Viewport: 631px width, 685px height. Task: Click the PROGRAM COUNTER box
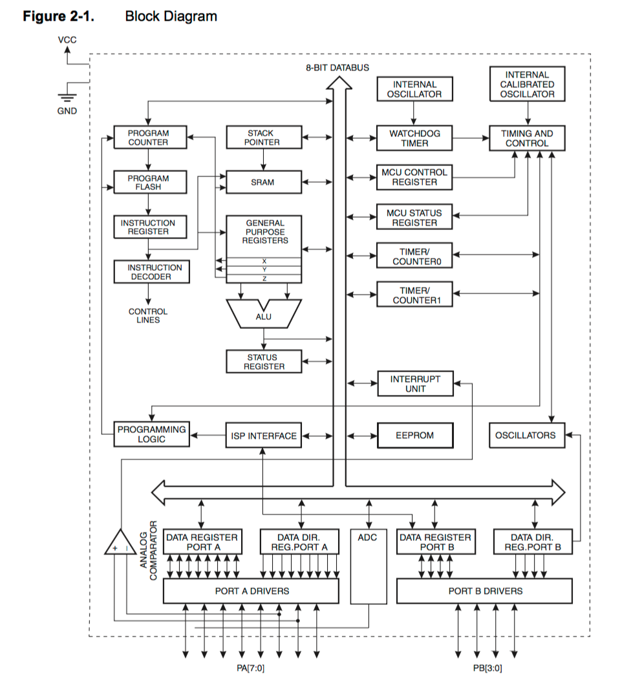[148, 138]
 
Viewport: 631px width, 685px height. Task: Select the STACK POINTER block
[262, 138]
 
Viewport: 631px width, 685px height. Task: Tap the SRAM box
[262, 182]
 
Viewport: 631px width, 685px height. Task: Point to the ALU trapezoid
[264, 315]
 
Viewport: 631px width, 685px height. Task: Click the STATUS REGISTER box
[264, 362]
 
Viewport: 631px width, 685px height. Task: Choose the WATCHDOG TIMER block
[414, 138]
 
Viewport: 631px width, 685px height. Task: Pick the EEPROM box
[414, 436]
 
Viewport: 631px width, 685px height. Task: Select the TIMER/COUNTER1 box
[414, 295]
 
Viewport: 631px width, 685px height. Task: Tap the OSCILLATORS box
[526, 435]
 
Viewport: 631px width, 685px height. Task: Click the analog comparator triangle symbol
[120, 543]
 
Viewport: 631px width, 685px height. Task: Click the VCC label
[67, 40]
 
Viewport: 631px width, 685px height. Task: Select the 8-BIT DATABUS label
[337, 68]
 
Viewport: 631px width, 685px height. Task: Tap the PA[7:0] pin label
[251, 668]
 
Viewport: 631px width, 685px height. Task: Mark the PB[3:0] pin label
[484, 668]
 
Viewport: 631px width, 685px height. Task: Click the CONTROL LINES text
[148, 315]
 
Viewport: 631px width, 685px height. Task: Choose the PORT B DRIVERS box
[484, 591]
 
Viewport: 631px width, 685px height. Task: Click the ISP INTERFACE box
[264, 436]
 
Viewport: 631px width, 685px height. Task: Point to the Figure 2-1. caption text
[58, 16]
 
